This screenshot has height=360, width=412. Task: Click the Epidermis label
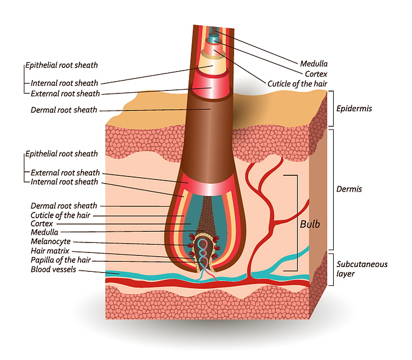354,109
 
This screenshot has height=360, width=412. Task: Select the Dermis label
349,189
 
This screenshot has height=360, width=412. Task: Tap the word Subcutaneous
361,264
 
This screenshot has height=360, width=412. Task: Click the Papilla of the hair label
59,261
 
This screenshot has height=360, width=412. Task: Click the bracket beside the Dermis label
331,189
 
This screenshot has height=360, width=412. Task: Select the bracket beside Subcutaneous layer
331,269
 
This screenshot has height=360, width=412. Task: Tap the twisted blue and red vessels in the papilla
204,258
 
